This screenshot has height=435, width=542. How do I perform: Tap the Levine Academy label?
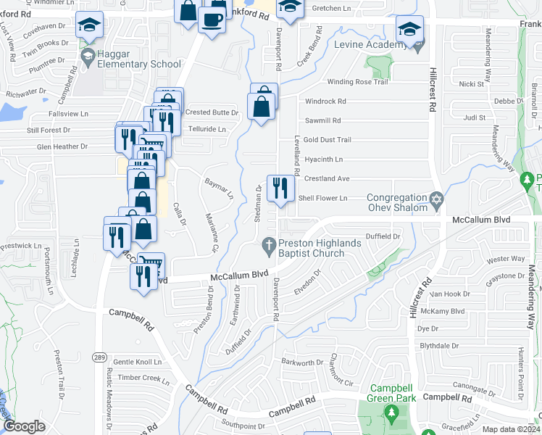[370, 45]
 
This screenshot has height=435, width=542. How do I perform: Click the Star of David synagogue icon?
[436, 199]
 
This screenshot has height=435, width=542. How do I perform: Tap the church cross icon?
[270, 244]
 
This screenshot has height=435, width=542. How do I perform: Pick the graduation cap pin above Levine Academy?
[409, 30]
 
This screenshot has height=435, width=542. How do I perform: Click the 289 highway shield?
[100, 356]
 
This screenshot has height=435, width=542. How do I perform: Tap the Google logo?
[24, 426]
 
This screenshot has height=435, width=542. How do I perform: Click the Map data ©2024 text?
[511, 429]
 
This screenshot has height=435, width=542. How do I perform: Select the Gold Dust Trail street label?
[327, 140]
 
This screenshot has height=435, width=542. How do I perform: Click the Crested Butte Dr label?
[212, 112]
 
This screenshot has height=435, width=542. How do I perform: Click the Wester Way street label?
[506, 259]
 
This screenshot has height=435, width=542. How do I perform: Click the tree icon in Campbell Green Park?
[391, 415]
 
